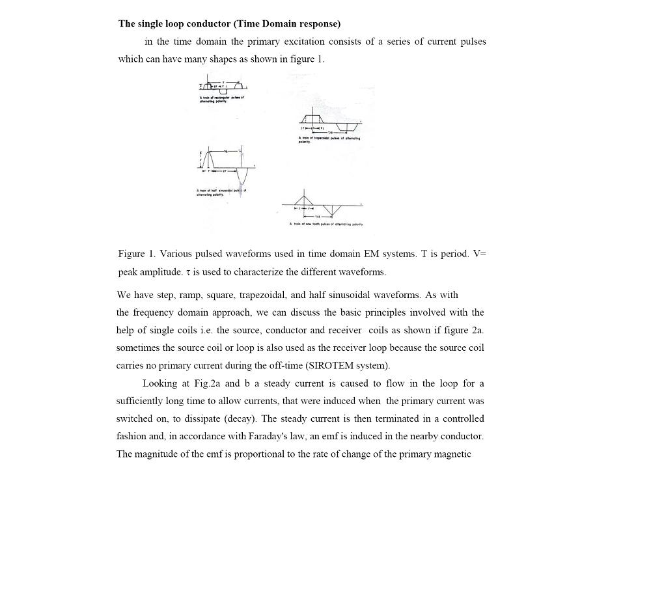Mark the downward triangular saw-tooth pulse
(332, 210)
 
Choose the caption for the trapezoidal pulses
(329, 139)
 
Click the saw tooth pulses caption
(326, 224)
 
